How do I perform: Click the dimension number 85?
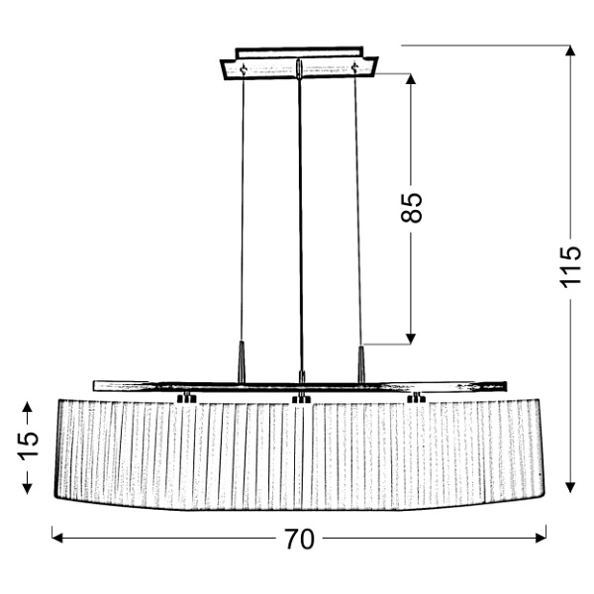tap(414, 205)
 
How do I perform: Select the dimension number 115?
tap(569, 265)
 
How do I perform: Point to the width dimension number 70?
tap(298, 539)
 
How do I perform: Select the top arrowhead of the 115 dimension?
tap(570, 52)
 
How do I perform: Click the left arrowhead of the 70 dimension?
tap(57, 538)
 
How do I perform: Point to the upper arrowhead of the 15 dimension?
tap(27, 405)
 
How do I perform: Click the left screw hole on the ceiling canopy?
tap(242, 68)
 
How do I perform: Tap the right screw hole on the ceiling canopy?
tap(354, 68)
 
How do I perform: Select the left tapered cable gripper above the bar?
tap(241, 357)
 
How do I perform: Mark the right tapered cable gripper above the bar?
tap(362, 357)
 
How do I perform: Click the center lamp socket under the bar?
tap(300, 399)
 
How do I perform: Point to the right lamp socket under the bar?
tap(416, 399)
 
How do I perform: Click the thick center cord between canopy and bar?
tap(299, 218)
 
